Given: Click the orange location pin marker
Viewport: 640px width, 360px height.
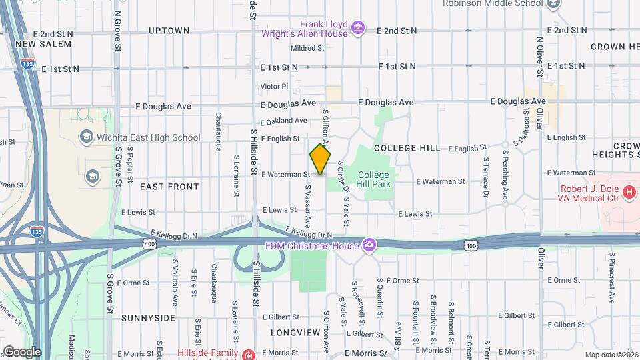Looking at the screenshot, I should tap(320, 159).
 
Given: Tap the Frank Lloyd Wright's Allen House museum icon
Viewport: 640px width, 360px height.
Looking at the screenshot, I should tap(358, 28).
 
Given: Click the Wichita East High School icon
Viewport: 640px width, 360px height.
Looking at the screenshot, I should tap(86, 137).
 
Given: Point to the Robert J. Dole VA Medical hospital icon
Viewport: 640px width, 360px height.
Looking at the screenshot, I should tap(627, 193).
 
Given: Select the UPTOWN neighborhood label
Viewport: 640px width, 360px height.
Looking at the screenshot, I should tap(169, 31).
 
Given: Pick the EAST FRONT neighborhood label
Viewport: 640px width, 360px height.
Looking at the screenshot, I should tap(169, 187).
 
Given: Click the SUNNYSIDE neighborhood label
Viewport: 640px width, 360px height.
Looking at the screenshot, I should tap(148, 318).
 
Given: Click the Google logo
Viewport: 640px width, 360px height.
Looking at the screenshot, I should tap(21, 351).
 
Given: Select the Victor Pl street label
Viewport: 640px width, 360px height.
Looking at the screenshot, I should tap(274, 86).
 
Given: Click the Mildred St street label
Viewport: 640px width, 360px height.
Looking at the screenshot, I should tap(307, 48).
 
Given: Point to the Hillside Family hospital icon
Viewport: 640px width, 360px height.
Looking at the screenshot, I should tap(248, 354).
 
